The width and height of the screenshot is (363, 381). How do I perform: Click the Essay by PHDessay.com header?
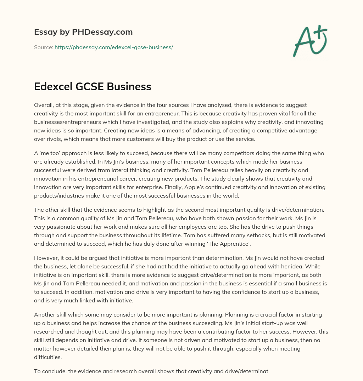[83, 32]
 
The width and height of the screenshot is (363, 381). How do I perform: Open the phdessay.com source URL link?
[113, 47]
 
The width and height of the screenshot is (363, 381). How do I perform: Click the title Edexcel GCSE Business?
[93, 87]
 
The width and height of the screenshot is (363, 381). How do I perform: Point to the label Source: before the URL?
[43, 47]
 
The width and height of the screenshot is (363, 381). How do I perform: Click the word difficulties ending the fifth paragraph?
[48, 357]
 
